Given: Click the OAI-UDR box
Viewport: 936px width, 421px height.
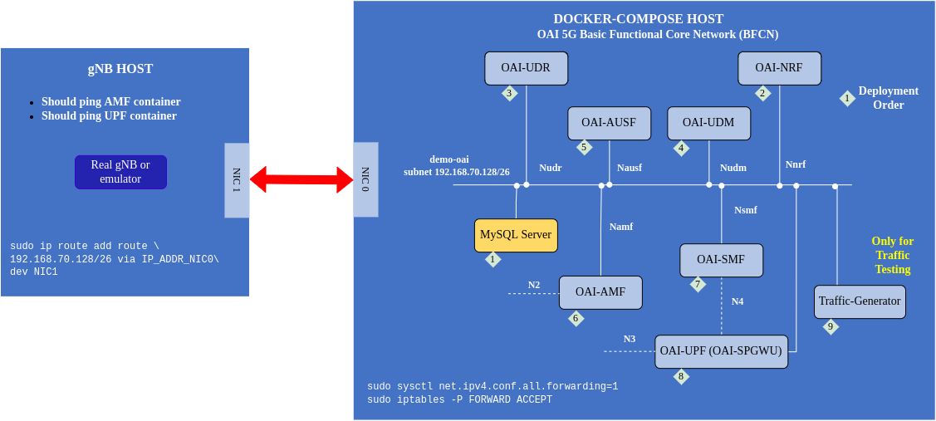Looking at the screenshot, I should (x=526, y=68).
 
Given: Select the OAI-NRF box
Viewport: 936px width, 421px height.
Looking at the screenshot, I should (x=779, y=68).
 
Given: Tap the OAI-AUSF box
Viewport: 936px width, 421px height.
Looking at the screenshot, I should (x=609, y=123).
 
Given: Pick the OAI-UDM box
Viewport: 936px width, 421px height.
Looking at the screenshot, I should (x=708, y=123).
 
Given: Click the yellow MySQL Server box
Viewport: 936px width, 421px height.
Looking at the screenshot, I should (x=516, y=235).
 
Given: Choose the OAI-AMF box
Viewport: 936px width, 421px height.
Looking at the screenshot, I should (x=600, y=292).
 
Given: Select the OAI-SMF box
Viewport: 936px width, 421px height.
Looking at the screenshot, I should (x=721, y=260).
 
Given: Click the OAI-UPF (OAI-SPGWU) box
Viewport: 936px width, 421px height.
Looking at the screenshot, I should (x=721, y=351).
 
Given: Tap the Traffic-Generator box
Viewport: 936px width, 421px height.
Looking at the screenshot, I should (x=860, y=301).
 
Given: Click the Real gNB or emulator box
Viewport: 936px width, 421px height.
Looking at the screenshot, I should (x=120, y=172).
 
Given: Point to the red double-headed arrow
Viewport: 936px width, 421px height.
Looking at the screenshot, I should (x=301, y=179).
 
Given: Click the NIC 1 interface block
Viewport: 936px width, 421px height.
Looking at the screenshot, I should (x=237, y=180).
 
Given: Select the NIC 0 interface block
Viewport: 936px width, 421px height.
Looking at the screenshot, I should (x=365, y=179).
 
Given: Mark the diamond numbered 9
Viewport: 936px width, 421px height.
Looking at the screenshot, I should (x=831, y=326).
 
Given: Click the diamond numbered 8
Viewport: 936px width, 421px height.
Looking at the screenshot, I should (x=681, y=376).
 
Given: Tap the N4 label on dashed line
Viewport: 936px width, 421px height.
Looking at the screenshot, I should (x=738, y=301).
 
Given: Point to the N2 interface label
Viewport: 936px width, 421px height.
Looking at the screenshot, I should (x=534, y=285).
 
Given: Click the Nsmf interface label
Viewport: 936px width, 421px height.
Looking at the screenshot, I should (x=746, y=210).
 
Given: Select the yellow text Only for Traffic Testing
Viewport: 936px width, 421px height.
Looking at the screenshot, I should (x=893, y=255).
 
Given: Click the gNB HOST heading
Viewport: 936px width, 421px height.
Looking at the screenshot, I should (x=120, y=69).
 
